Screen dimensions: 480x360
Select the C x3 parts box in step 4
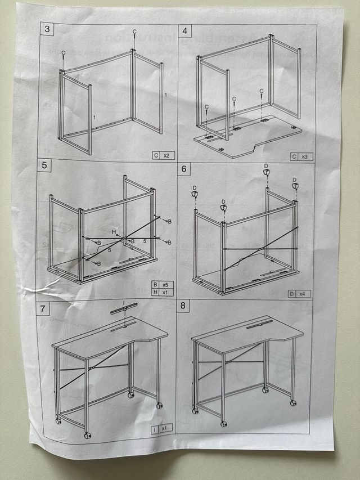(301, 156)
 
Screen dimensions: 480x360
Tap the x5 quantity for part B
(165, 285)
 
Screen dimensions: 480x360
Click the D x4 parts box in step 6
(299, 294)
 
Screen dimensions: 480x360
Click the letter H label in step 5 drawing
(114, 231)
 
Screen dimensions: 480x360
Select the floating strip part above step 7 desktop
(124, 308)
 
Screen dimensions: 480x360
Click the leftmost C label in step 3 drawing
(63, 53)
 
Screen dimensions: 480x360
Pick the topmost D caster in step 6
(267, 172)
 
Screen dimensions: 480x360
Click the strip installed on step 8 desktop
(259, 323)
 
